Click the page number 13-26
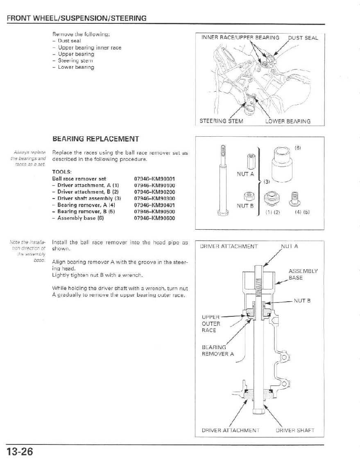pyautogui.click(x=20, y=452)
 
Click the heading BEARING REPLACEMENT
pyautogui.click(x=95, y=139)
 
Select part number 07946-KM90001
pyautogui.click(x=154, y=179)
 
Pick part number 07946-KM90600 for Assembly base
pyautogui.click(x=154, y=218)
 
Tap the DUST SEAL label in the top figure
pyautogui.click(x=303, y=38)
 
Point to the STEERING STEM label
pyautogui.click(x=221, y=121)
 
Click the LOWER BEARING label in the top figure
pyautogui.click(x=288, y=121)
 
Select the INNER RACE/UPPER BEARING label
pyautogui.click(x=240, y=38)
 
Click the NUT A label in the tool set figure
pyautogui.click(x=245, y=174)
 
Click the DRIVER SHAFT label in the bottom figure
pyautogui.click(x=295, y=430)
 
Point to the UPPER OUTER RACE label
pyautogui.click(x=211, y=323)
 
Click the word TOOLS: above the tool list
pyautogui.click(x=61, y=172)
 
